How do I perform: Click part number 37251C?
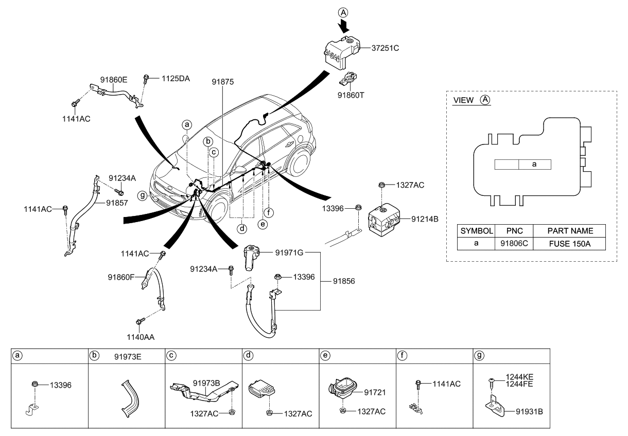click(x=386, y=48)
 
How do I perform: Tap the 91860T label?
click(x=351, y=95)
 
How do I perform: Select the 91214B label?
click(x=425, y=219)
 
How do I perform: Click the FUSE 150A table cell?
click(x=569, y=243)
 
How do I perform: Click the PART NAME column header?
click(x=569, y=231)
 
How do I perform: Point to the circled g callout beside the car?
click(x=142, y=195)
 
